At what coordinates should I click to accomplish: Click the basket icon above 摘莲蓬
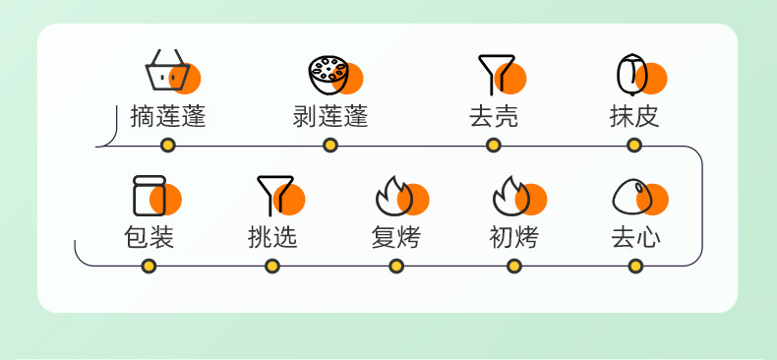pyautogui.click(x=167, y=71)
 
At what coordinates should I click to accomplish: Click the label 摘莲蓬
pyautogui.click(x=168, y=116)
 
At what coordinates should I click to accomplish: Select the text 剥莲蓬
pyautogui.click(x=330, y=116)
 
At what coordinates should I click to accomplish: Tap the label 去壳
pyautogui.click(x=494, y=116)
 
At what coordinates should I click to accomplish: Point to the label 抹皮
pyautogui.click(x=634, y=116)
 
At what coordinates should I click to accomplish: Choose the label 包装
pyautogui.click(x=149, y=237)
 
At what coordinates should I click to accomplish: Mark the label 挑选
pyautogui.click(x=272, y=237)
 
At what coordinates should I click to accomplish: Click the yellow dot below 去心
pyautogui.click(x=635, y=267)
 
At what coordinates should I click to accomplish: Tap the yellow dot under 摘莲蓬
pyautogui.click(x=168, y=146)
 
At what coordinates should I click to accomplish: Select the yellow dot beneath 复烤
pyautogui.click(x=396, y=267)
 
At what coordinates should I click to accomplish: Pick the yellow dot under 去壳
pyautogui.click(x=493, y=146)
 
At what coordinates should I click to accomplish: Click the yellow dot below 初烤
pyautogui.click(x=514, y=267)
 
